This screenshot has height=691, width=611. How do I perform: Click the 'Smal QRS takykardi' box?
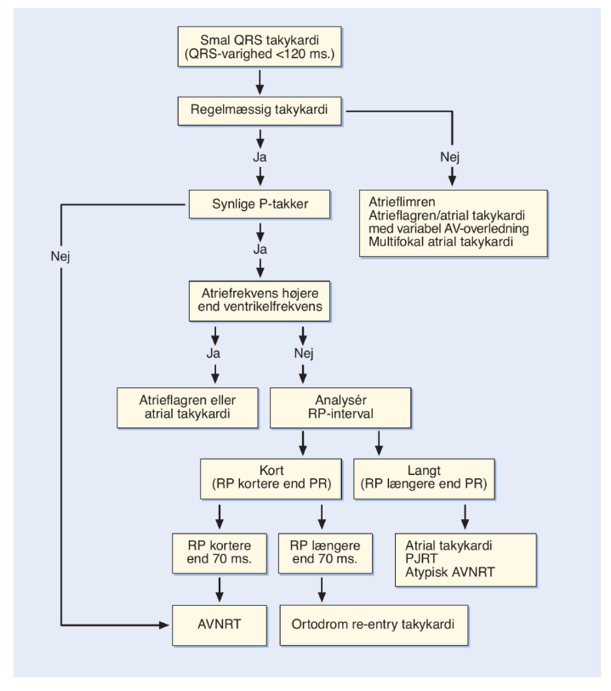(260, 47)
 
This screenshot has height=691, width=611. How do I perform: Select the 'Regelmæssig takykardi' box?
(260, 111)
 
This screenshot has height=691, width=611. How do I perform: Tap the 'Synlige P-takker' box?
(260, 204)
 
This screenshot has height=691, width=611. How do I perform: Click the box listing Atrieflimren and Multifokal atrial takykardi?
(454, 223)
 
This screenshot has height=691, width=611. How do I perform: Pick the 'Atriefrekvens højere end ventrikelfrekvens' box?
(260, 301)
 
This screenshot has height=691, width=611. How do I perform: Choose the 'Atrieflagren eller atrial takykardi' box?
(187, 408)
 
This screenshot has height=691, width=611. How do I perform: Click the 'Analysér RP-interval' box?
(340, 408)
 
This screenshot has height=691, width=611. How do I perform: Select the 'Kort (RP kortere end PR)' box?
(271, 479)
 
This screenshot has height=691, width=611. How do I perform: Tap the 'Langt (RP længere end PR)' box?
(424, 479)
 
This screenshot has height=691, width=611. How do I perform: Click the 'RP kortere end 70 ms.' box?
(220, 553)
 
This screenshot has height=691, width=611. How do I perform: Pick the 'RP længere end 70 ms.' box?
(325, 553)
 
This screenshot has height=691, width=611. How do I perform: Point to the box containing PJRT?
(465, 560)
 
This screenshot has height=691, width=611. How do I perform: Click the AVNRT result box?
(220, 625)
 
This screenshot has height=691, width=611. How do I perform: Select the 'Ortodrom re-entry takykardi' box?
(374, 625)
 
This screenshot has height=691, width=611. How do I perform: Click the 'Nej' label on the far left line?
(60, 256)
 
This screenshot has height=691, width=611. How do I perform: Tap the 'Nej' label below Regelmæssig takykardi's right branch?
(449, 157)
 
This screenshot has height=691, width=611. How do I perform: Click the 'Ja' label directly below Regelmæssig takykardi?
(260, 157)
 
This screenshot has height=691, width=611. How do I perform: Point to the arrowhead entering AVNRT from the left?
(165, 625)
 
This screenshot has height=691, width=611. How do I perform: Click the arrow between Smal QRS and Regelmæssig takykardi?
(260, 82)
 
